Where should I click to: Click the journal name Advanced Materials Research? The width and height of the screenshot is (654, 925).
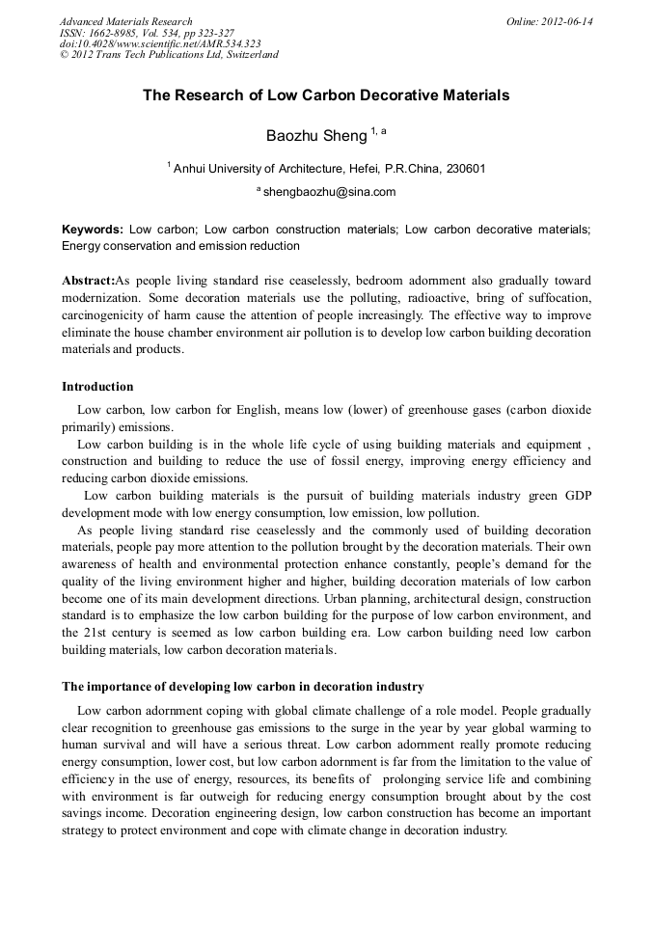(x=126, y=21)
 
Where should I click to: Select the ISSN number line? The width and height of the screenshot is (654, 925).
(x=147, y=33)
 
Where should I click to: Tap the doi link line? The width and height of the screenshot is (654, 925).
(x=160, y=43)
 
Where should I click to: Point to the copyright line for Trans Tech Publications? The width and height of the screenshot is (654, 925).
(x=169, y=55)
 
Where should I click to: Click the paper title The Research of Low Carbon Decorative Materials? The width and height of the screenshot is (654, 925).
(x=326, y=95)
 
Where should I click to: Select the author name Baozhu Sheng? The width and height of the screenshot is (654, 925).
(x=316, y=136)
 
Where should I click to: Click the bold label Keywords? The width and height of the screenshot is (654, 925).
(x=93, y=230)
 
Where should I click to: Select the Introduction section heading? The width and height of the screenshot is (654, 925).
(x=97, y=387)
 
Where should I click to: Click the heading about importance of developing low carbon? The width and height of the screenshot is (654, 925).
(x=242, y=687)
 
